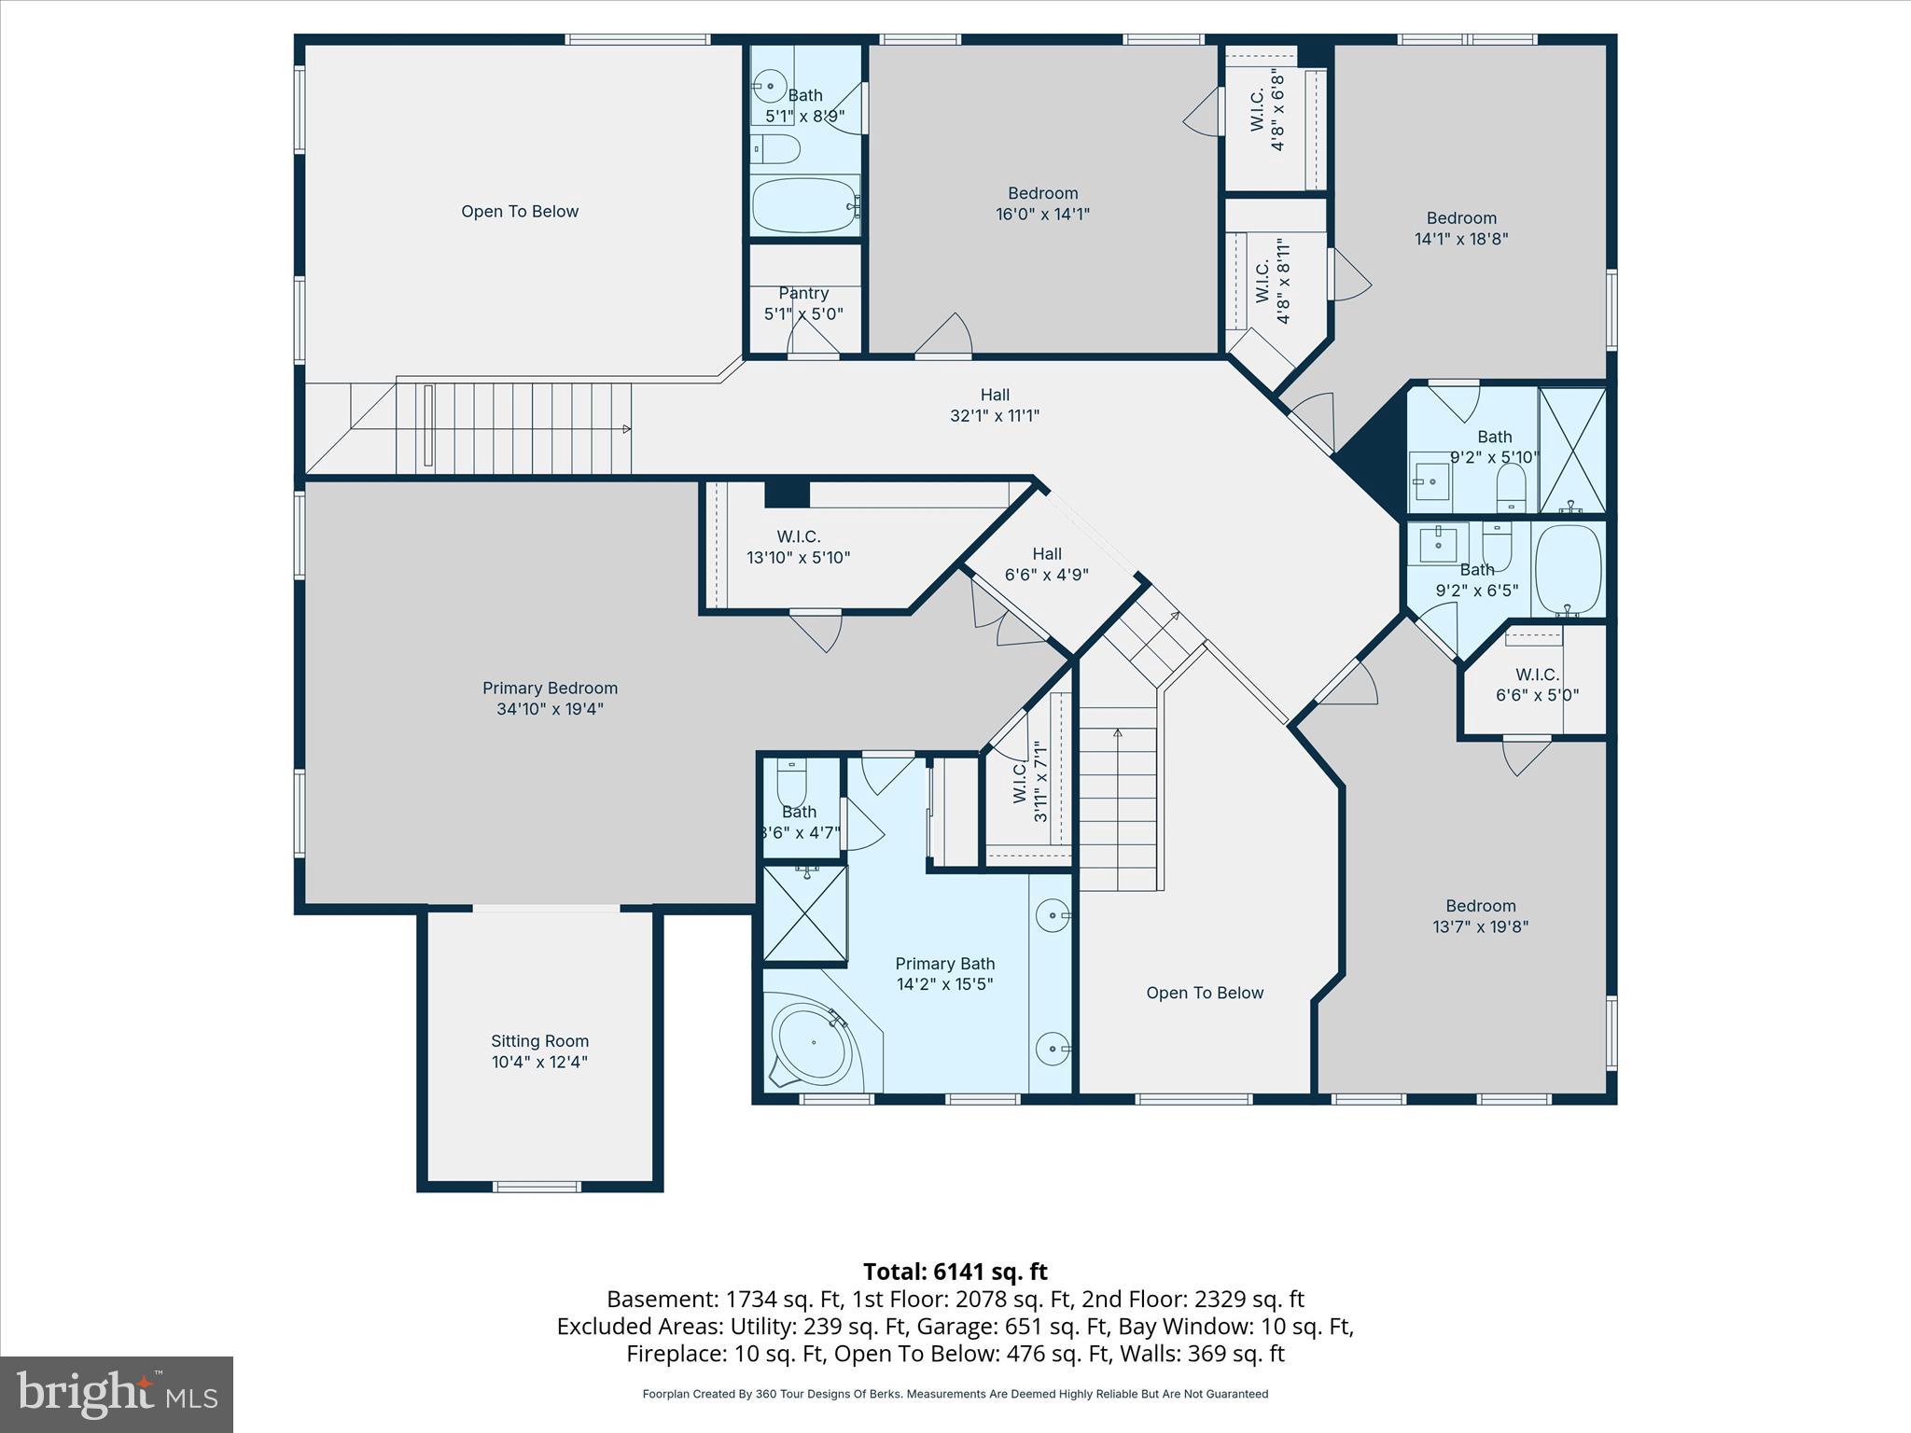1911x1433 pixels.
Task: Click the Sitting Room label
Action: (x=539, y=1041)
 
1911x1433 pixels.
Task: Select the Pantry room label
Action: (x=803, y=293)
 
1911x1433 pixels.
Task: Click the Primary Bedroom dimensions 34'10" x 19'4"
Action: (x=550, y=709)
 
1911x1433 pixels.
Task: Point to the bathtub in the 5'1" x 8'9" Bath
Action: (x=804, y=205)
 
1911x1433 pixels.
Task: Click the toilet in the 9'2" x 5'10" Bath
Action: (x=1511, y=486)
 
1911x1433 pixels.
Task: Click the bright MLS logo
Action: (x=117, y=1395)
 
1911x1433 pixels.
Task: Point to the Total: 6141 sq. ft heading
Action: (x=955, y=1272)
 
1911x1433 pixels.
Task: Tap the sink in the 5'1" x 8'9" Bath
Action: (x=770, y=87)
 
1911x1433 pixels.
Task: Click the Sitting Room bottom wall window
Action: (x=537, y=1187)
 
